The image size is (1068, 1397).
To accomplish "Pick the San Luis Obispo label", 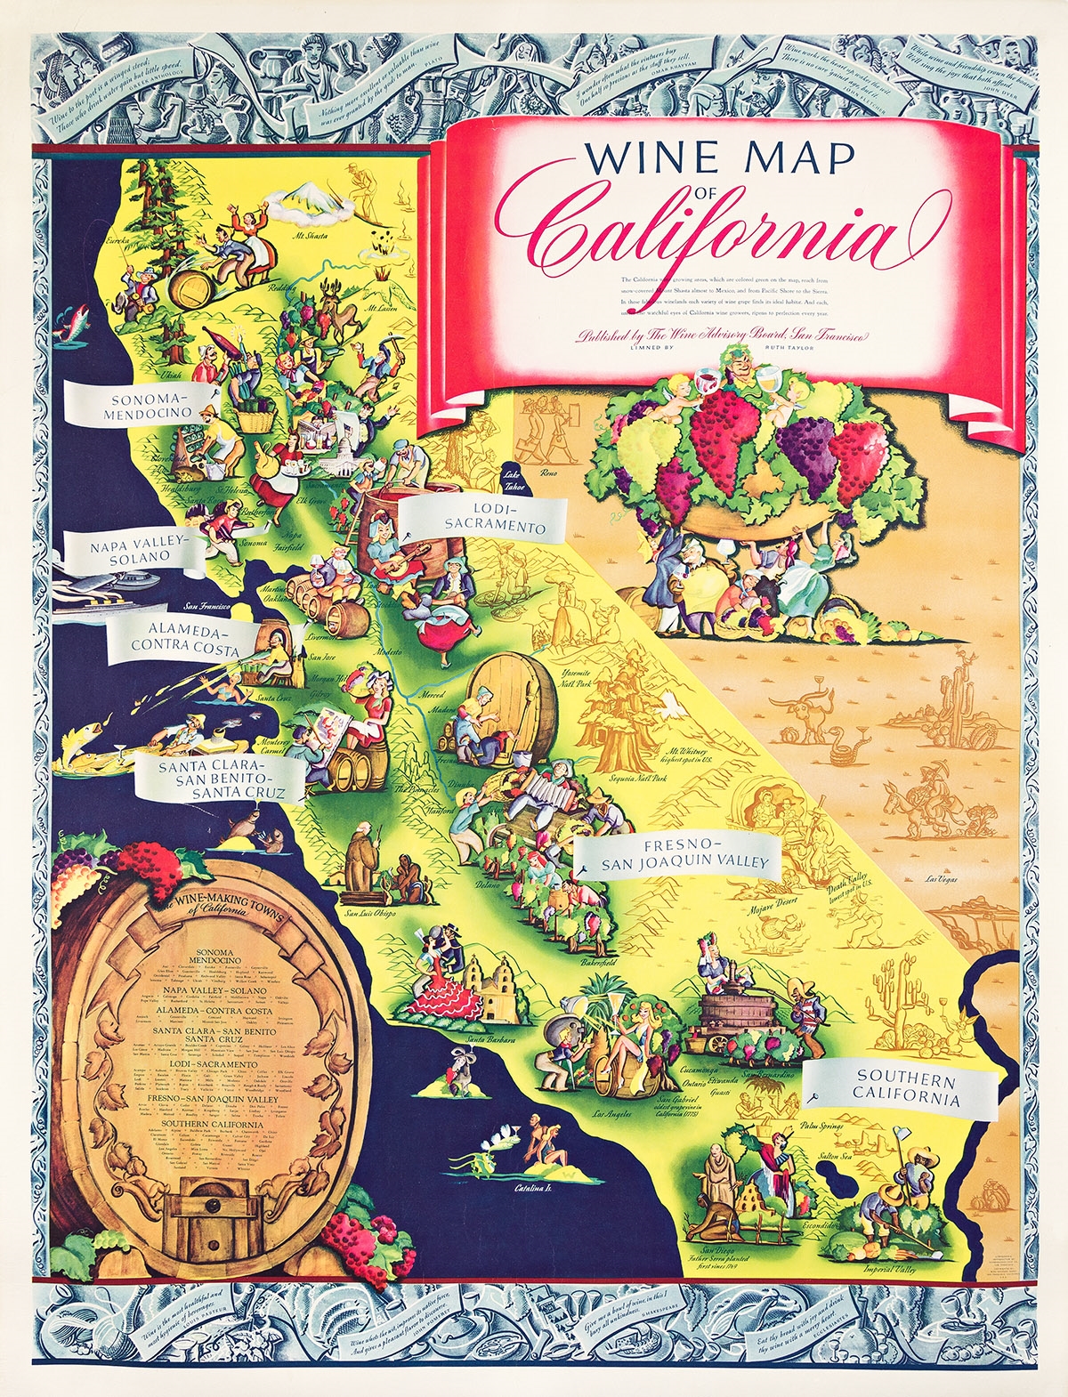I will (x=369, y=912).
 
